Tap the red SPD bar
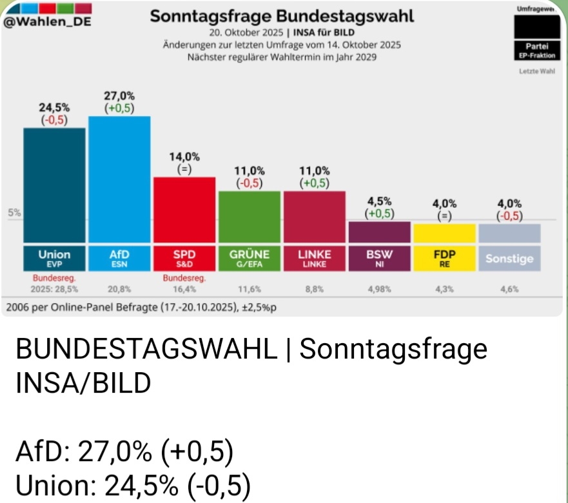(x=184, y=210)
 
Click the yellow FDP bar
(x=445, y=233)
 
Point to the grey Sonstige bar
(x=509, y=233)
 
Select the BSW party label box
(x=379, y=257)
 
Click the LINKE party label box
(x=315, y=257)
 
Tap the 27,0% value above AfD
(x=119, y=95)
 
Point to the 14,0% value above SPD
(x=184, y=157)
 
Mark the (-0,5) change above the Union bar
(x=55, y=120)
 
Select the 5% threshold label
(x=14, y=212)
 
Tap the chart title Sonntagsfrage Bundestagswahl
(x=282, y=15)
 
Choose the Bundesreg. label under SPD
(x=184, y=279)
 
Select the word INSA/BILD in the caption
(x=83, y=384)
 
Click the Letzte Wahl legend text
(x=536, y=70)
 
